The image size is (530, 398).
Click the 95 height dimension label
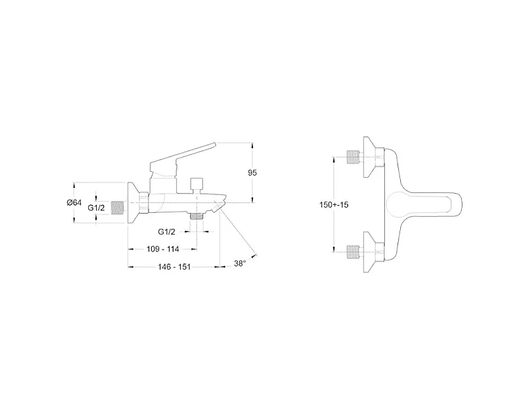coord(252,172)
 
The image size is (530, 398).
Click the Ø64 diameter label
coord(74,203)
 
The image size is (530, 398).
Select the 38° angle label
coord(240,263)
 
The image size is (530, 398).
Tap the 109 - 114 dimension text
coord(163,249)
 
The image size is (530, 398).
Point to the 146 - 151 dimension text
coord(174,267)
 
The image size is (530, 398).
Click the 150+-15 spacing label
coord(334,205)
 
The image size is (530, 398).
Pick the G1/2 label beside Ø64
coord(96,208)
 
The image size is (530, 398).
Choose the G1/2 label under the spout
coord(167,232)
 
